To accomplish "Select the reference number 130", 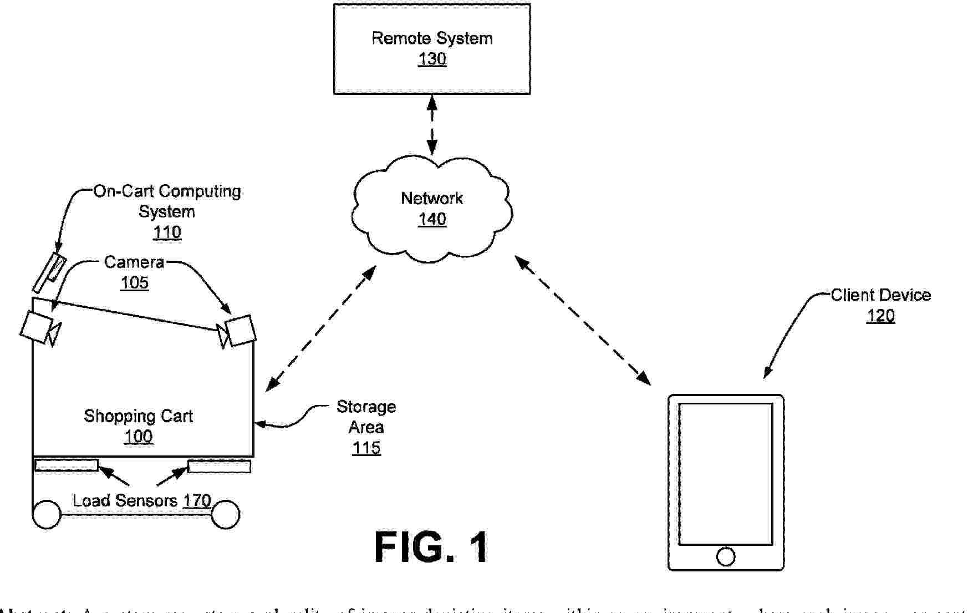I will pos(432,59).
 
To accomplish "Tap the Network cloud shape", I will pos(388,233).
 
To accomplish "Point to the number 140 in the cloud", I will pos(432,220).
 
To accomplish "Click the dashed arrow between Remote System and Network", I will pos(432,125).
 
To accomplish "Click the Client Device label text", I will pos(880,295).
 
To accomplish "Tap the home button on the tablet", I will pos(726,556).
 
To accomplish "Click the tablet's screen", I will pos(726,474).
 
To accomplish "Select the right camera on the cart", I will pos(241,331).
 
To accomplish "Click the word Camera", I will pos(134,262).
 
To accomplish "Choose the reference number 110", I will pos(167,232).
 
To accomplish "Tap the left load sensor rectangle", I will pos(67,465).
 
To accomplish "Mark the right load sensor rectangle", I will pos(219,467).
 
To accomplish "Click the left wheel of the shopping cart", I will pos(47,514).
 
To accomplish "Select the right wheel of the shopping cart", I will pos(225,514).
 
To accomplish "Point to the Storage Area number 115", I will pos(366,448).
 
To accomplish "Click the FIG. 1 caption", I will pos(431,548).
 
